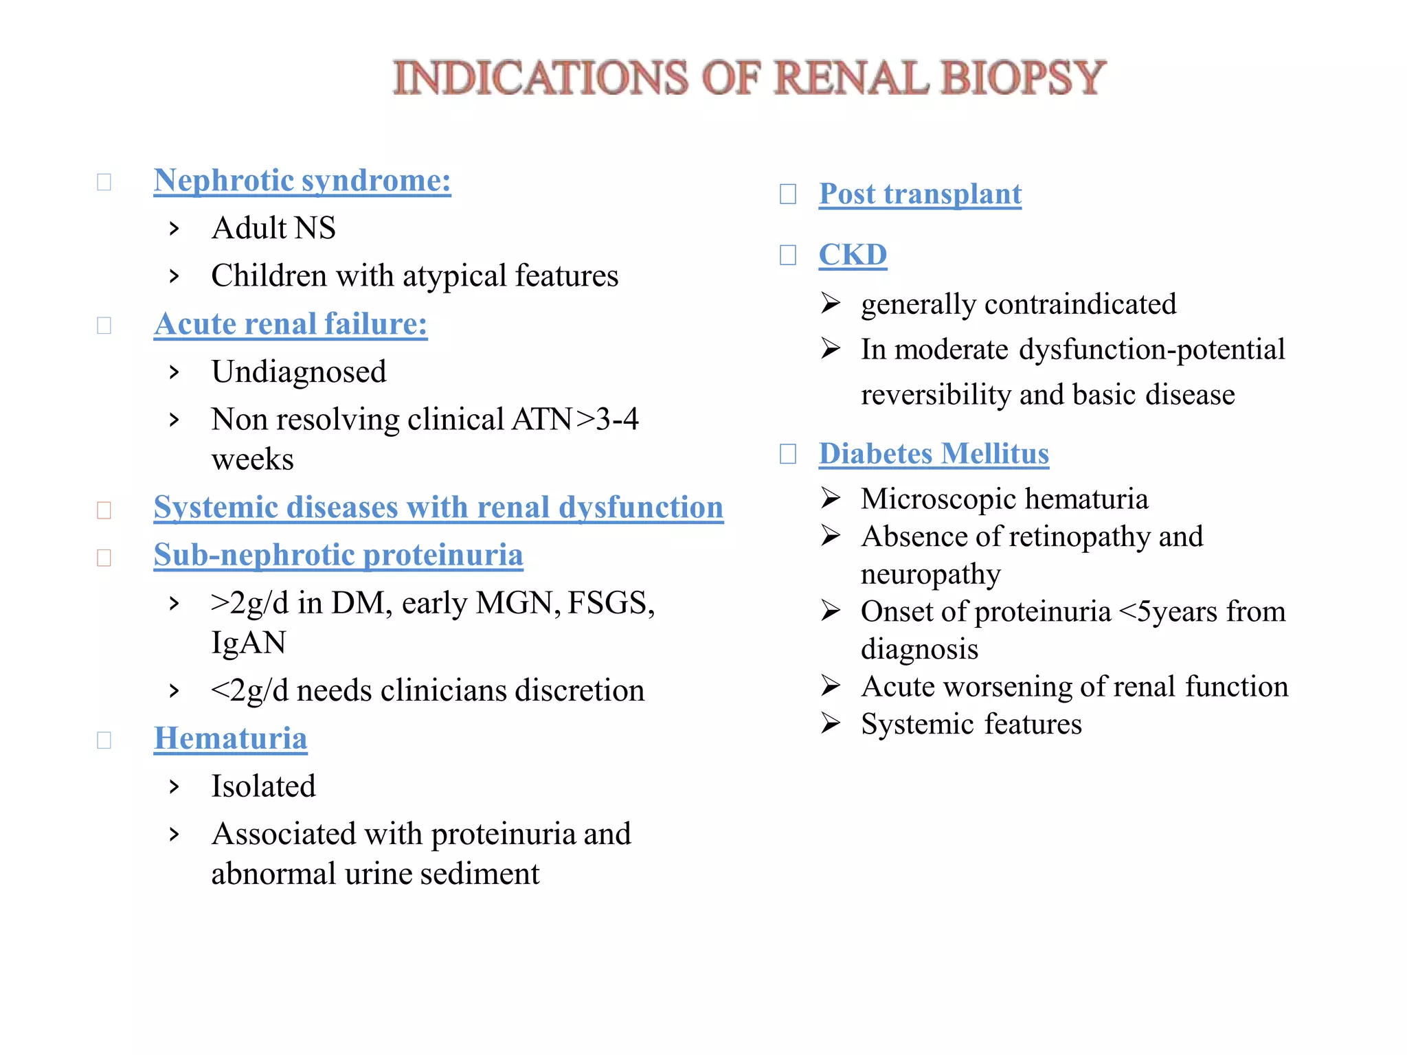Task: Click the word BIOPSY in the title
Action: coord(1023,77)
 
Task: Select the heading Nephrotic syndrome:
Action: coord(302,181)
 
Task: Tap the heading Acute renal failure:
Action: coord(291,324)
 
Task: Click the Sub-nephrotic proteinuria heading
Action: coord(338,555)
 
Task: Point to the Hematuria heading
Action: coord(230,738)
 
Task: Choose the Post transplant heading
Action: coord(920,194)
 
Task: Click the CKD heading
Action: coord(853,255)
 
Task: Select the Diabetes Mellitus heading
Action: coord(934,454)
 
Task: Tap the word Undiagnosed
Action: coord(299,372)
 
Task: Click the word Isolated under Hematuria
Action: coord(263,786)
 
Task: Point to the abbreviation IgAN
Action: coord(248,643)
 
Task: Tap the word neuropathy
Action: coord(930,574)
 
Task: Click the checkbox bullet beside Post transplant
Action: coord(788,194)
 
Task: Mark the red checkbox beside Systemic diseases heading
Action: coord(104,510)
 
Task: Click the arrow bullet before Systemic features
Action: coord(831,724)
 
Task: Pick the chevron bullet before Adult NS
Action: coord(175,229)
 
